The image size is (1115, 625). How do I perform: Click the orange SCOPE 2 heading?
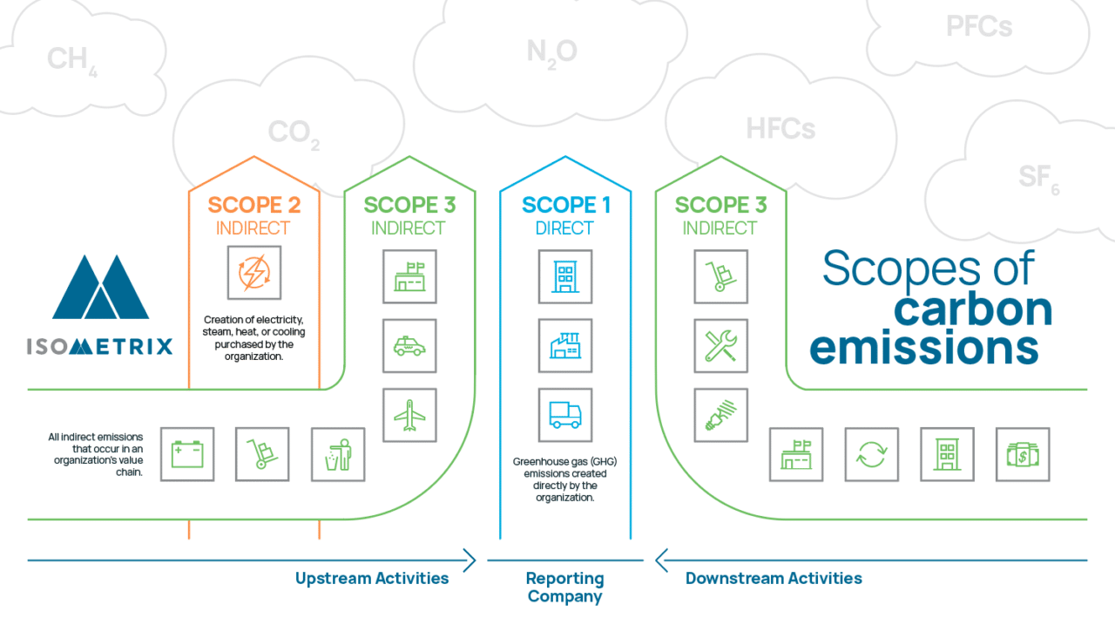tap(254, 206)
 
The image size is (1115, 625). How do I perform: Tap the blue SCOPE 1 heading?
tap(566, 206)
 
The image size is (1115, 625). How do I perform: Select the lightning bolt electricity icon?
tap(253, 272)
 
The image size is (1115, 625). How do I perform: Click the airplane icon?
tap(409, 415)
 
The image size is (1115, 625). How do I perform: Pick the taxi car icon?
tap(409, 346)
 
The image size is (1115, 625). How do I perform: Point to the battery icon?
tap(187, 454)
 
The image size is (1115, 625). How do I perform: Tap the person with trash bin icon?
tap(338, 454)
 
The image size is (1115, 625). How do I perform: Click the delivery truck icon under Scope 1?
tap(565, 415)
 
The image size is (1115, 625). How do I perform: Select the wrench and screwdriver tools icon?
tap(720, 346)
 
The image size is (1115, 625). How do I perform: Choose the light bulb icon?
tap(720, 415)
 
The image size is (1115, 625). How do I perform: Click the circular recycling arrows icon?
tap(872, 454)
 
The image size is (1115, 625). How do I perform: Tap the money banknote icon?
tap(1023, 454)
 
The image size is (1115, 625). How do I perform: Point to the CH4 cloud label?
tap(71, 60)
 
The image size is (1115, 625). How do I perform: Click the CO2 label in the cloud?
tap(294, 132)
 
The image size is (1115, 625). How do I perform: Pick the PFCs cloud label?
tap(979, 27)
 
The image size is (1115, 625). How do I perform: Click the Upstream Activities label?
tap(372, 578)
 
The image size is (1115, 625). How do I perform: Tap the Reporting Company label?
tap(565, 588)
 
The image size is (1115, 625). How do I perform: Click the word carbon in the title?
tap(974, 309)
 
